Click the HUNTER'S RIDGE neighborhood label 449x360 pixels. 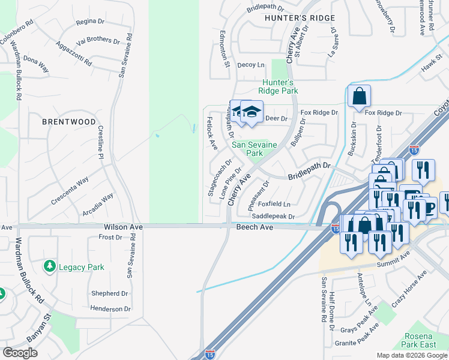click(300, 18)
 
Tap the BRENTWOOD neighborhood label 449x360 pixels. click(68, 122)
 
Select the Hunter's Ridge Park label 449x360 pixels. click(278, 86)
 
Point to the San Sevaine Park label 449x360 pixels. click(256, 149)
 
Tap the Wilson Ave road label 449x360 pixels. click(123, 227)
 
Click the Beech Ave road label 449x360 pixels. click(255, 227)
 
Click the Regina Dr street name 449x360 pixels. click(86, 22)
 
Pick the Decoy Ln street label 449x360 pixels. click(250, 65)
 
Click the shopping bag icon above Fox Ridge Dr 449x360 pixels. click(358, 96)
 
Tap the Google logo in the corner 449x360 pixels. click(20, 353)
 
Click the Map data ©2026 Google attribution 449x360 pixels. click(412, 355)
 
